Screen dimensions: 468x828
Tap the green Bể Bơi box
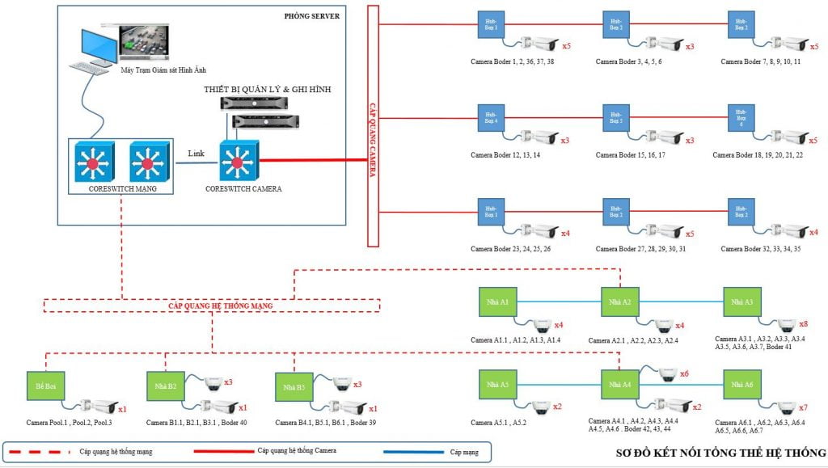tap(45, 385)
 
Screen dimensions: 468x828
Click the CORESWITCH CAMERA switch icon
tap(236, 163)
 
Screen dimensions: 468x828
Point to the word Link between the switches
tap(196, 154)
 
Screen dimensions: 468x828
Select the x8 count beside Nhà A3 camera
tap(803, 324)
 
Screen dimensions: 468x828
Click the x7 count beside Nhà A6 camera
tap(802, 407)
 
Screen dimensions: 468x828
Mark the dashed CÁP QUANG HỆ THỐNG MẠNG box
tap(211, 306)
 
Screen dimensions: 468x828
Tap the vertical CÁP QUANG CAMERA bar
tap(373, 125)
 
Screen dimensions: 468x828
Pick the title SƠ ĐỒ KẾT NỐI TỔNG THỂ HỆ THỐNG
tap(720, 453)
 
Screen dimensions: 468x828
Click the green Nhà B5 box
tap(294, 387)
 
